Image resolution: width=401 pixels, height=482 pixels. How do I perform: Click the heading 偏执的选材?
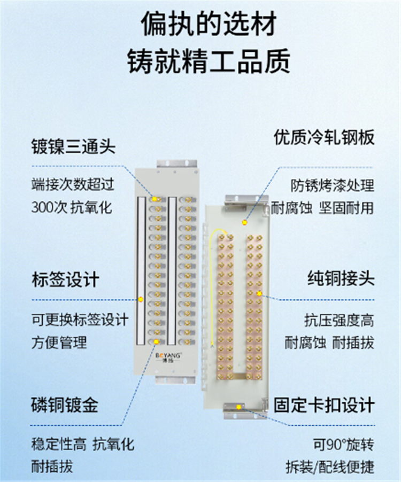click(x=209, y=24)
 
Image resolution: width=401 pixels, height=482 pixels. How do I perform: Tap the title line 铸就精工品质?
click(x=209, y=61)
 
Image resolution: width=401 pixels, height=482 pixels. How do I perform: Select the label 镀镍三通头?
click(x=73, y=146)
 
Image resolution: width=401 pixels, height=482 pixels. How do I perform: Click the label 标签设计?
click(x=65, y=279)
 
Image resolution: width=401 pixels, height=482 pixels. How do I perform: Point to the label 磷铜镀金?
click(x=65, y=405)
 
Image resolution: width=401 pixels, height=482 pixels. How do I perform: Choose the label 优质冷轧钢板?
click(x=324, y=137)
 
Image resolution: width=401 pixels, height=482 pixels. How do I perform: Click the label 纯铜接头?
click(x=341, y=279)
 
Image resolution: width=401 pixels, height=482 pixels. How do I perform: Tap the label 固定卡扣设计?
click(x=324, y=405)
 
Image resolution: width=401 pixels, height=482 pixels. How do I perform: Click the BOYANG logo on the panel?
click(x=168, y=357)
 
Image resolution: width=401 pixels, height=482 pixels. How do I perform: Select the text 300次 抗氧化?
click(x=72, y=207)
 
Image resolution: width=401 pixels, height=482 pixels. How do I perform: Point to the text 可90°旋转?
click(x=344, y=445)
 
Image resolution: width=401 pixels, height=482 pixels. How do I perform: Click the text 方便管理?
click(x=59, y=343)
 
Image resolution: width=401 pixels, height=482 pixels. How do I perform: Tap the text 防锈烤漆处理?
click(x=333, y=185)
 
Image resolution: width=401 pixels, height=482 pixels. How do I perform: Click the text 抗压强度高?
click(x=340, y=320)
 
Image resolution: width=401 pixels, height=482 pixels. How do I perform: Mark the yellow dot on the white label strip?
click(x=141, y=299)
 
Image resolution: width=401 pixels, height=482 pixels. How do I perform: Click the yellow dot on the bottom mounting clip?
click(x=238, y=407)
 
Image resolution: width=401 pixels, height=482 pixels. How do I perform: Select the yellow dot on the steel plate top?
click(x=245, y=222)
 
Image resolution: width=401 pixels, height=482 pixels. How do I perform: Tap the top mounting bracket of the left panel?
click(x=176, y=164)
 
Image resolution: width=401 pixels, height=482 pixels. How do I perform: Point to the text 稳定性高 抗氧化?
click(x=83, y=445)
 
